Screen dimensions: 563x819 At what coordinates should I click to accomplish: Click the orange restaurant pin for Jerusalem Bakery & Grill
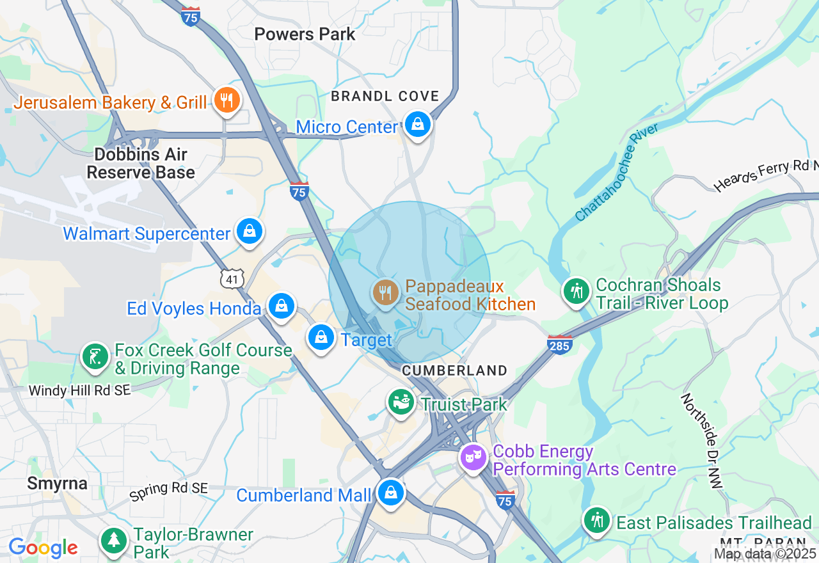point(227,100)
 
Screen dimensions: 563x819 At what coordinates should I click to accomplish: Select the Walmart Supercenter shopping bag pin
point(250,232)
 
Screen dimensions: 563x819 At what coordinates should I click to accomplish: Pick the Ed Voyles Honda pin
point(281,306)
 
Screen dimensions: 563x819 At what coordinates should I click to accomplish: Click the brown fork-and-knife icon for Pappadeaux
point(385,293)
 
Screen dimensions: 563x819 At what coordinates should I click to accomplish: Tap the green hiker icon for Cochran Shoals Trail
point(576,291)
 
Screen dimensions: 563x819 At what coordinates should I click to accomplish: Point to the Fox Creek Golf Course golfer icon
point(95,356)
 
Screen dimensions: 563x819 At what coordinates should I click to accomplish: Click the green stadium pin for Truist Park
point(401,402)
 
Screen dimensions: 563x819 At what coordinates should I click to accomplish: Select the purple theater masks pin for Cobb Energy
point(473,457)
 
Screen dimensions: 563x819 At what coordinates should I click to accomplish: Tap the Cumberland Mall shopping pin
point(390,493)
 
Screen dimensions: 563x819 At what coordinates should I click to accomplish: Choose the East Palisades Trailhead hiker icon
point(597,520)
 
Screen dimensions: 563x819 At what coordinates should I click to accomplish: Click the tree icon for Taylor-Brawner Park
point(115,541)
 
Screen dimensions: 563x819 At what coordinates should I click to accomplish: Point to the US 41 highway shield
point(232,278)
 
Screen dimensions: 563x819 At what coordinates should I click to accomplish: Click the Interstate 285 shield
point(559,344)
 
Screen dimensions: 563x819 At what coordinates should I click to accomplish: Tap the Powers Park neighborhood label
point(305,34)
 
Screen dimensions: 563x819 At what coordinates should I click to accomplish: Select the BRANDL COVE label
point(385,96)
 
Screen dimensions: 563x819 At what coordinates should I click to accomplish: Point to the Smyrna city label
point(57,484)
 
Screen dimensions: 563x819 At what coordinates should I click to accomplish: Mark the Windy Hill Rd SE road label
point(80,390)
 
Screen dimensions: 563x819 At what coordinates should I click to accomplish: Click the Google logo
point(43,548)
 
